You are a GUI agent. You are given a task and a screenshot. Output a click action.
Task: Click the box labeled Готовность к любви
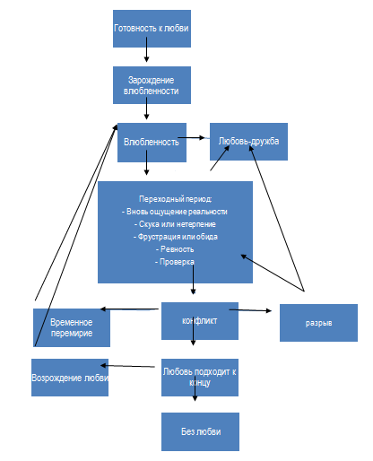152,29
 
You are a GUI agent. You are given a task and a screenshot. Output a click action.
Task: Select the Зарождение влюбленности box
152,85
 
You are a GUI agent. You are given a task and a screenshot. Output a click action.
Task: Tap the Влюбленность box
152,143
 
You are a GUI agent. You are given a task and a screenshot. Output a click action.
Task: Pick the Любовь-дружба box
248,142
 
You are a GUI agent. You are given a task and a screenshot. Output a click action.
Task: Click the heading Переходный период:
176,199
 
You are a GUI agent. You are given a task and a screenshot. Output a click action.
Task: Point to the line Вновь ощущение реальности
175,212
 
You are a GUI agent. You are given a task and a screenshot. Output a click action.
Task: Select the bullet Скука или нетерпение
175,224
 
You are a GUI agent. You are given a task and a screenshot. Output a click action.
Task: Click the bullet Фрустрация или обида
176,237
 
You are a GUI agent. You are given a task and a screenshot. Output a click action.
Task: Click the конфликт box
200,321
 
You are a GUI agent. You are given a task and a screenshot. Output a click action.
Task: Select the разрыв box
318,323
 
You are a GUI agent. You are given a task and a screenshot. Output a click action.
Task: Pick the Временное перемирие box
72,327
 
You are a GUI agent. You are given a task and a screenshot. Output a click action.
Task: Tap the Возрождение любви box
70,378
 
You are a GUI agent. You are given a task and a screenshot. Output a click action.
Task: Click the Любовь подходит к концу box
200,378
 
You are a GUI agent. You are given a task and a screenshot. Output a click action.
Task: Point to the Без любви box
200,431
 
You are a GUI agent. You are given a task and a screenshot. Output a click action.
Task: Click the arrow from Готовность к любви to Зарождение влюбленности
146,49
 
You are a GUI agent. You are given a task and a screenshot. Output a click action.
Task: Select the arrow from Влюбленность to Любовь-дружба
192,138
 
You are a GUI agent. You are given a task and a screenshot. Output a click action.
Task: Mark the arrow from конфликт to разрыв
250,310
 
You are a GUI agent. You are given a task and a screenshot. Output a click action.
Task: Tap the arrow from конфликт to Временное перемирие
129,309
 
